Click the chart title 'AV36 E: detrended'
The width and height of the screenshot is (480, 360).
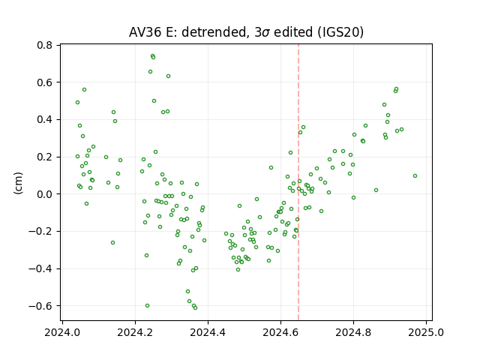(188, 32)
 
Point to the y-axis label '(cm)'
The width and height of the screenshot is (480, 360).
(18, 183)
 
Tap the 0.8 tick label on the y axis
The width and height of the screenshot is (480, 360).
(45, 45)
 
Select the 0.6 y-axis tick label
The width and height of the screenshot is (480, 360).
(45, 82)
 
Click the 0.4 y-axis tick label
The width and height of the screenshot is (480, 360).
(45, 120)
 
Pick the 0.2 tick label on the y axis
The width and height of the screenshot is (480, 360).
(45, 157)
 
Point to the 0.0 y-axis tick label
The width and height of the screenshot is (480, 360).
(45, 194)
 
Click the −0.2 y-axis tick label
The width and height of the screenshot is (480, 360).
(40, 232)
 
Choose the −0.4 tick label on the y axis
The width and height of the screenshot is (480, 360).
(40, 268)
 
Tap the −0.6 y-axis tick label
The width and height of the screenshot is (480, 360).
(40, 306)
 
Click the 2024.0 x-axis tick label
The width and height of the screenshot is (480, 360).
(62, 332)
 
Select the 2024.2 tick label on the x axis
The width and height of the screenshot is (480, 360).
(135, 332)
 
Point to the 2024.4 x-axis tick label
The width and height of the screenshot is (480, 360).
(208, 332)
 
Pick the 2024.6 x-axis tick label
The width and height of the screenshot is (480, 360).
(280, 332)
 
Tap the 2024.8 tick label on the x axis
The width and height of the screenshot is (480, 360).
(353, 332)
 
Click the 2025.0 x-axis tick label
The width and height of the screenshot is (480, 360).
(426, 332)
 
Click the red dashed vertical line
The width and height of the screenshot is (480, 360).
(298, 182)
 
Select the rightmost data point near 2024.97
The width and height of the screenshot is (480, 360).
(415, 176)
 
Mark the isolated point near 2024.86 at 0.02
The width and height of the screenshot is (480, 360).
(376, 190)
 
